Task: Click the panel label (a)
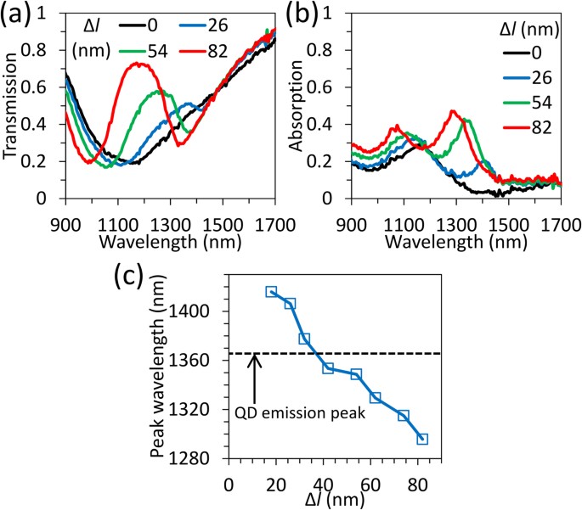tap(18, 14)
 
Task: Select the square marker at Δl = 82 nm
tap(422, 439)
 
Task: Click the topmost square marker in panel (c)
tap(271, 292)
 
